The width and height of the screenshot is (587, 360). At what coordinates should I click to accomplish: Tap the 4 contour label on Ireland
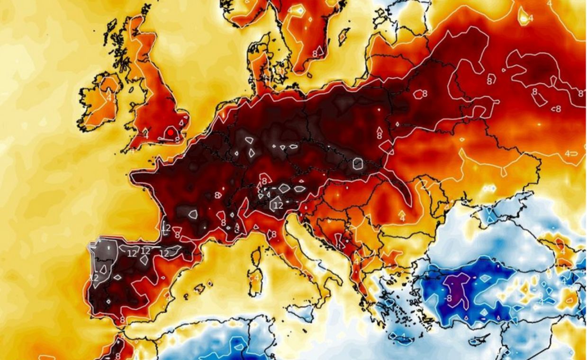[109, 98]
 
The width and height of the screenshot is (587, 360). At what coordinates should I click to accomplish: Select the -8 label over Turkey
[448, 298]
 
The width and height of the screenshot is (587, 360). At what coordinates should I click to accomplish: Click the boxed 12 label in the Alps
[278, 205]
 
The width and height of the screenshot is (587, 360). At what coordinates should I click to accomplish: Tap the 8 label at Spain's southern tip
[122, 320]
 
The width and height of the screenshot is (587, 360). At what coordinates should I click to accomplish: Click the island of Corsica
[256, 258]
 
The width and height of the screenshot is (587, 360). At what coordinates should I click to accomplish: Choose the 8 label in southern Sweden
[315, 54]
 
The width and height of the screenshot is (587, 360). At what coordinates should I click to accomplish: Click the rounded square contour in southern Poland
[358, 164]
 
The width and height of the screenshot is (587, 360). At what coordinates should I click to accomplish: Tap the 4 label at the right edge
[568, 153]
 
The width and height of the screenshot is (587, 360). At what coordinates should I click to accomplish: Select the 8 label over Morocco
[117, 355]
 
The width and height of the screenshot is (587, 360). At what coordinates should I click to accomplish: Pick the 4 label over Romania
[402, 218]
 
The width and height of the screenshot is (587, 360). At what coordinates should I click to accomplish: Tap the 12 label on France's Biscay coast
[166, 228]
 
